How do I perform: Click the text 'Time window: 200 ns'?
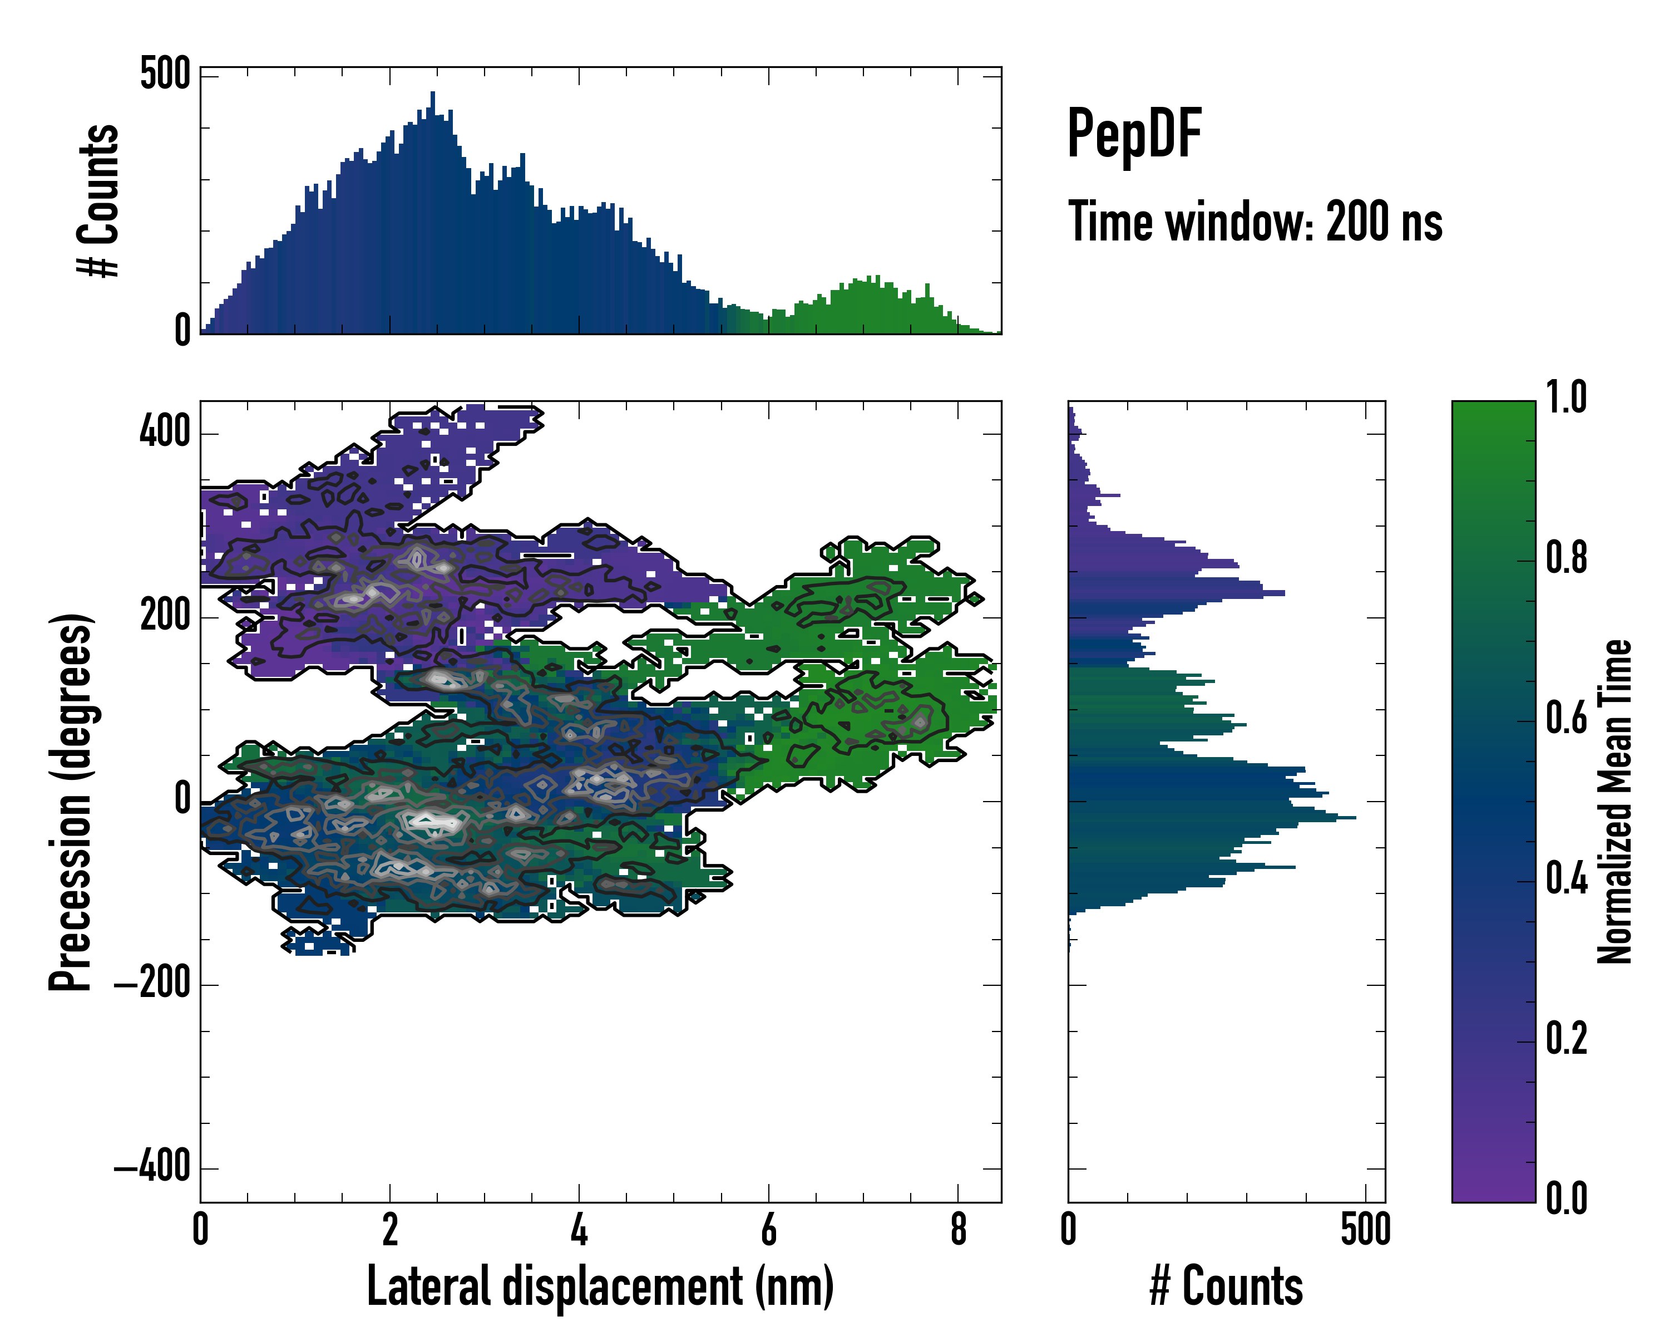1255,222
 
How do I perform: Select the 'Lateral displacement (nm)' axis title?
600,1286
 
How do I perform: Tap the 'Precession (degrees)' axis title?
71,802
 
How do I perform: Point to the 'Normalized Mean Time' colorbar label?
1615,802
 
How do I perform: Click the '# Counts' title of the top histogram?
99,200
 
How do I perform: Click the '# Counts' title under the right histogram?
1226,1286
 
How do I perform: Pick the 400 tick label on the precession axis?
165,431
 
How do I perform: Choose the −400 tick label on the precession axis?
152,1166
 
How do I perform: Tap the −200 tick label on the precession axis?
152,983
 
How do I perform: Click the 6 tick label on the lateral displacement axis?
769,1230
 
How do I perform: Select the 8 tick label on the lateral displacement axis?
959,1230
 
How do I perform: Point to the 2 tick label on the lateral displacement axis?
389,1230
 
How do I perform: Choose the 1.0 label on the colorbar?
1566,397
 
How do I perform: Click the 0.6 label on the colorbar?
1566,718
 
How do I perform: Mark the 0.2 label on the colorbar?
1566,1039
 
